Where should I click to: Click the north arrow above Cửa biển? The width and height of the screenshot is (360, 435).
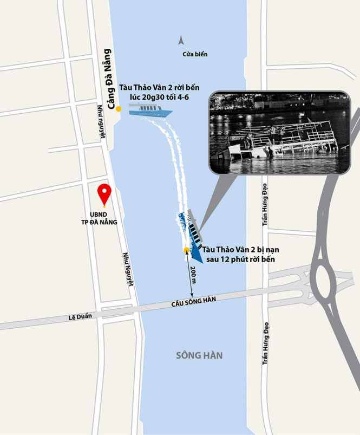coord(182,40)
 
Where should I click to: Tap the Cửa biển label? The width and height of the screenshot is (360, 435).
coord(195,54)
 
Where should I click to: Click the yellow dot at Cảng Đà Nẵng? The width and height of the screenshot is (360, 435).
coord(119,109)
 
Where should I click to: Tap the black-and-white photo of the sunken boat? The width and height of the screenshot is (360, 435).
coord(279,133)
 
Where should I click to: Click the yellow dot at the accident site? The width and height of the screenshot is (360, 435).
coord(186,250)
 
